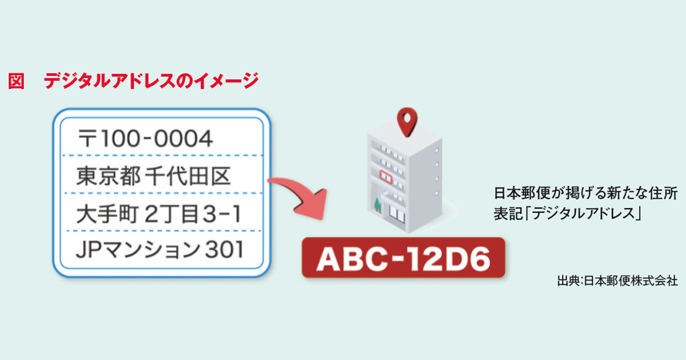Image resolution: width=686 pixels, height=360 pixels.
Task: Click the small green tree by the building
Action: point(377,204)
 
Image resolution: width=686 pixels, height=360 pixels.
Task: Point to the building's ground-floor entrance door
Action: point(395,212)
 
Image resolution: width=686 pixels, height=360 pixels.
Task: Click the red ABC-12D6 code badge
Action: point(403,258)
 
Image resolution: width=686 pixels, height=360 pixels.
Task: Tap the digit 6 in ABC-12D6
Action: point(479,258)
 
